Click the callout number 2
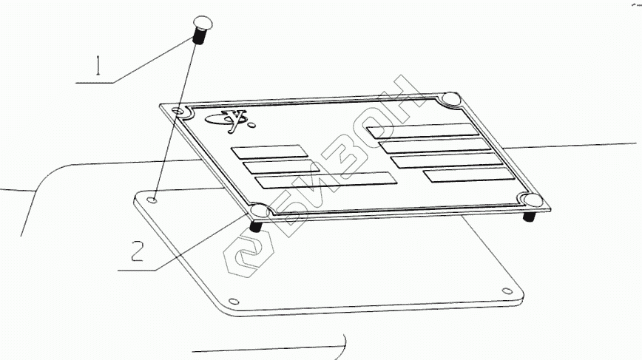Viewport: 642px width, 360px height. [137, 252]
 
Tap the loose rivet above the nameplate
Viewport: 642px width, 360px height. [200, 28]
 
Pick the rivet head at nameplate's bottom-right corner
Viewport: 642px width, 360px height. [530, 200]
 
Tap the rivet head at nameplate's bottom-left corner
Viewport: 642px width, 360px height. [260, 212]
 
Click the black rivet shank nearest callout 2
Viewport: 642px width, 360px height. [256, 225]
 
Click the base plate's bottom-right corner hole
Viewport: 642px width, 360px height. [507, 290]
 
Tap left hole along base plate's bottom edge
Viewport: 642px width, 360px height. [234, 301]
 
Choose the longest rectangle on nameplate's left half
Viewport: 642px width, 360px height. [324, 180]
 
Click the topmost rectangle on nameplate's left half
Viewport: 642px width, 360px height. [269, 152]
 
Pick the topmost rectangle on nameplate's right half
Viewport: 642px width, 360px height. [423, 130]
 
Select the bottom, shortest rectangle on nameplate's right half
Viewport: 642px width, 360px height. [469, 174]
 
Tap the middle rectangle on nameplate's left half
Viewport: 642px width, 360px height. [276, 166]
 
